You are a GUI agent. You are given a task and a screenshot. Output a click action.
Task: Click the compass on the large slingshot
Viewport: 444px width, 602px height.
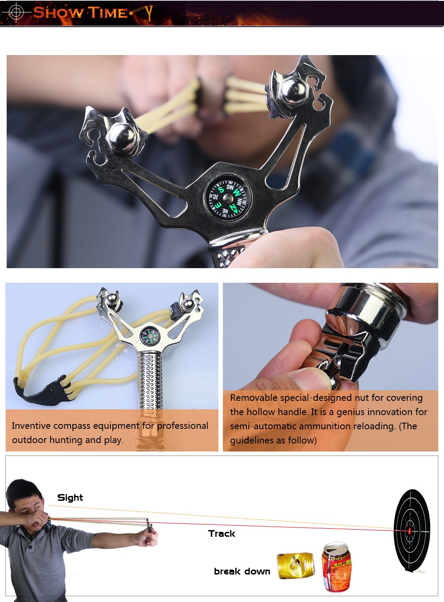tap(228, 198)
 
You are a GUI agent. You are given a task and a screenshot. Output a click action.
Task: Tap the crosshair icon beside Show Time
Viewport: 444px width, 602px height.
tap(16, 12)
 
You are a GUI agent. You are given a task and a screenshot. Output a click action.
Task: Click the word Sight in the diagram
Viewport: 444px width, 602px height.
tap(70, 498)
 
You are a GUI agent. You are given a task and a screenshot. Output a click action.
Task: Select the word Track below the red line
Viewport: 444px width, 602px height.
tap(222, 534)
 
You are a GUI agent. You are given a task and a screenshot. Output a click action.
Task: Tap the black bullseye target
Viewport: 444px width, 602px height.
tap(412, 531)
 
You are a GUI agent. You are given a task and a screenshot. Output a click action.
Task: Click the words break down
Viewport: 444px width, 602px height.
tap(242, 571)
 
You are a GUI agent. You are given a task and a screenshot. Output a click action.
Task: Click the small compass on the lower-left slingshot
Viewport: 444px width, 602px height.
tap(150, 335)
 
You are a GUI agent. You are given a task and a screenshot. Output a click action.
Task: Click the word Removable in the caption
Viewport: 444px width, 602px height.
tap(254, 398)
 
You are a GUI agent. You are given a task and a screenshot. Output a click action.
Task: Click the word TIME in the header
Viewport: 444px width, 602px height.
tap(108, 13)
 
